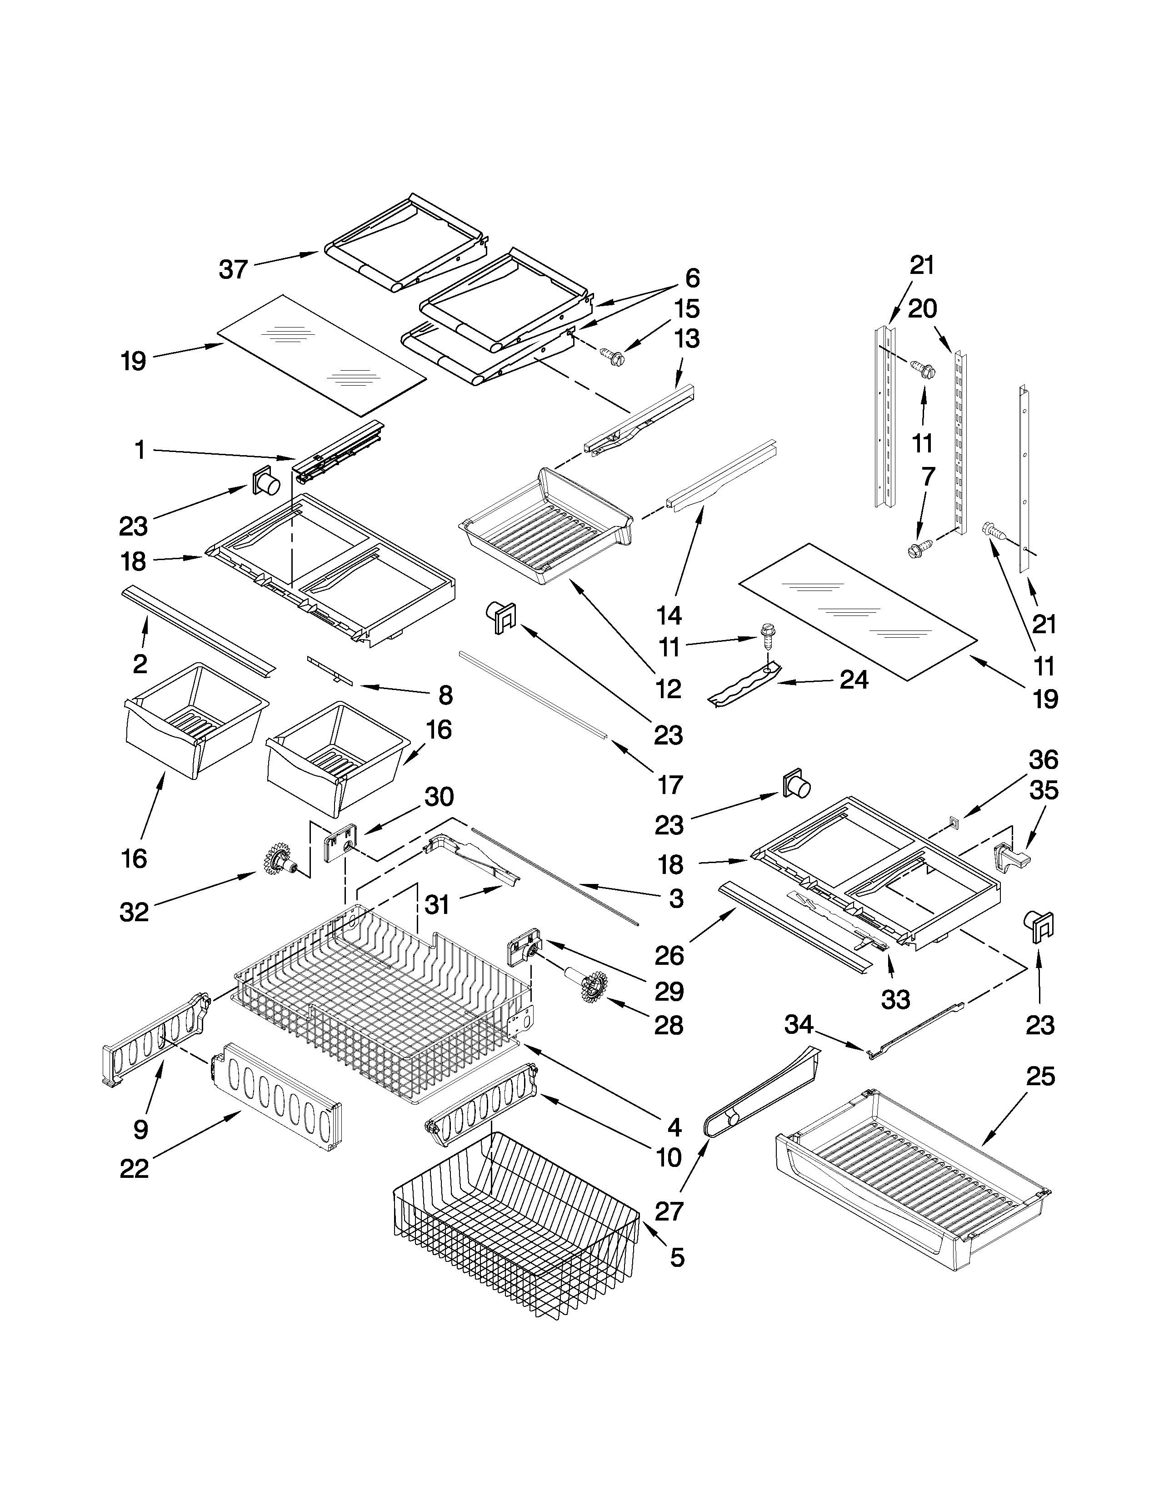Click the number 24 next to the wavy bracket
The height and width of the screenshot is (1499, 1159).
[854, 680]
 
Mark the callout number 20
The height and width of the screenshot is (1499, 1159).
[922, 309]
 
